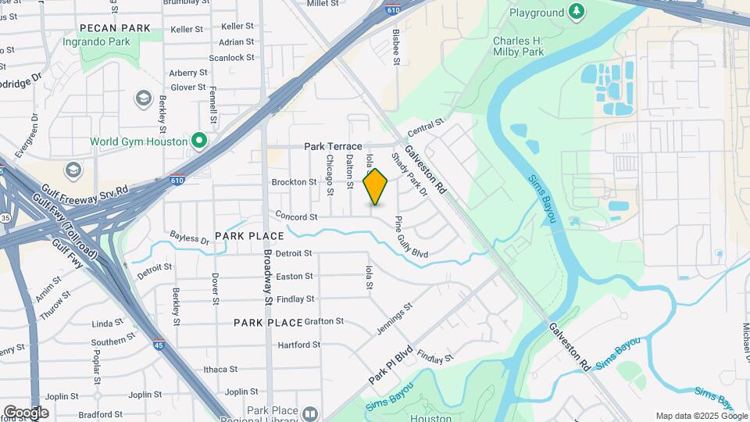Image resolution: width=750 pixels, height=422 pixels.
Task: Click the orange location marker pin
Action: (x=376, y=186)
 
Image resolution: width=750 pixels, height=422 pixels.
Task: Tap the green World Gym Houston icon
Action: (x=199, y=141)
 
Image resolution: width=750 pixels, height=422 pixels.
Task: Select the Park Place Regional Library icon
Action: (x=311, y=413)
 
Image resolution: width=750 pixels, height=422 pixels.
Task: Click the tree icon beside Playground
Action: (x=576, y=11)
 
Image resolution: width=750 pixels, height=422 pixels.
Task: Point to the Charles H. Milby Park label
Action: (x=521, y=45)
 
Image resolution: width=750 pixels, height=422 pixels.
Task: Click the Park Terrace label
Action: (x=333, y=146)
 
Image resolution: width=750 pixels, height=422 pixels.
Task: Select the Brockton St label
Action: (x=294, y=182)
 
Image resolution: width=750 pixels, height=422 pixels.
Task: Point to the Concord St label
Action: (x=295, y=216)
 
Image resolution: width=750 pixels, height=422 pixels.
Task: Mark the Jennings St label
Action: (x=394, y=320)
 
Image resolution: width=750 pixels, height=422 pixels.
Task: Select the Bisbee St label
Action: (x=397, y=47)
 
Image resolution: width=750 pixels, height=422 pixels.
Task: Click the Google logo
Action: (x=26, y=412)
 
